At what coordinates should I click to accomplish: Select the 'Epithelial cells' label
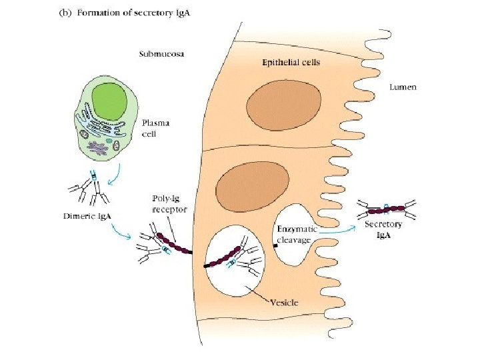(290, 63)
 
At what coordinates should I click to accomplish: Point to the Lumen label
(403, 87)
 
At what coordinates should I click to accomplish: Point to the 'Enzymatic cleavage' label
(297, 234)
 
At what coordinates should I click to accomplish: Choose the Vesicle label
(283, 302)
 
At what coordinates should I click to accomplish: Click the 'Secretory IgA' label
(383, 229)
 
